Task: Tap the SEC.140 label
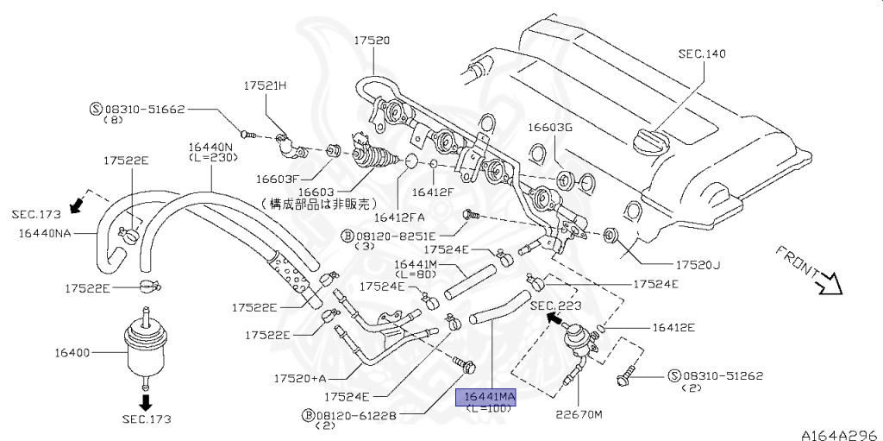[701, 54]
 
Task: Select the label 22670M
[579, 414]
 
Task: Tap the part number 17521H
[265, 86]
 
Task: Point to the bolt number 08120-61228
[356, 415]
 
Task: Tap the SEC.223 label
[555, 306]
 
